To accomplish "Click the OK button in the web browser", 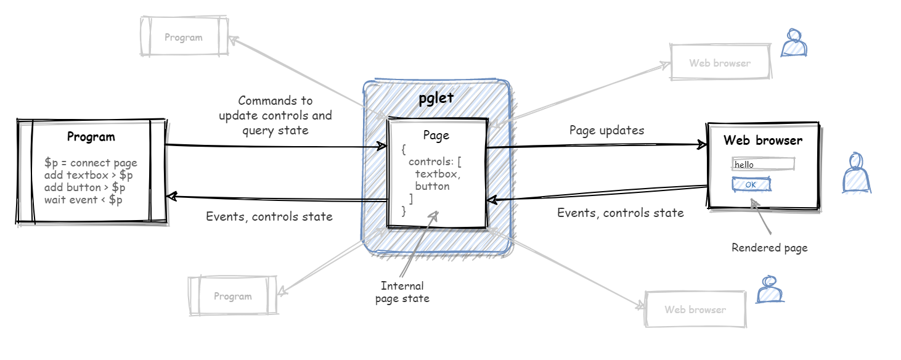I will tap(751, 184).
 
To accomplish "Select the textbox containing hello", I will tap(763, 164).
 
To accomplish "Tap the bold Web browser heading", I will tap(763, 140).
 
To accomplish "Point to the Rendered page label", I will tap(769, 248).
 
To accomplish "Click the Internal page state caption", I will tap(402, 292).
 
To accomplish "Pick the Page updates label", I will tap(606, 130).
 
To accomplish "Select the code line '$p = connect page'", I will tap(91, 163).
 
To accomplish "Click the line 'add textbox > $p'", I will tap(89, 176).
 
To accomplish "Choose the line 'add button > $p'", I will tap(84, 187).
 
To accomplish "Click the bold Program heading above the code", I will tap(91, 137).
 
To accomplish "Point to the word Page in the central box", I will tap(436, 136).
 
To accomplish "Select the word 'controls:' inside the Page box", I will tap(431, 162).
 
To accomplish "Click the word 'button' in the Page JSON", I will tap(432, 186).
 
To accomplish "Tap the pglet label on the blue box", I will tap(436, 98).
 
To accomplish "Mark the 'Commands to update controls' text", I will tap(275, 108).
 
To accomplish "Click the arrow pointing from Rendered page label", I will tap(761, 216).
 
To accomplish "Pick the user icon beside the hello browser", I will tap(856, 173).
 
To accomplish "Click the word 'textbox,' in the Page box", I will tap(438, 174).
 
